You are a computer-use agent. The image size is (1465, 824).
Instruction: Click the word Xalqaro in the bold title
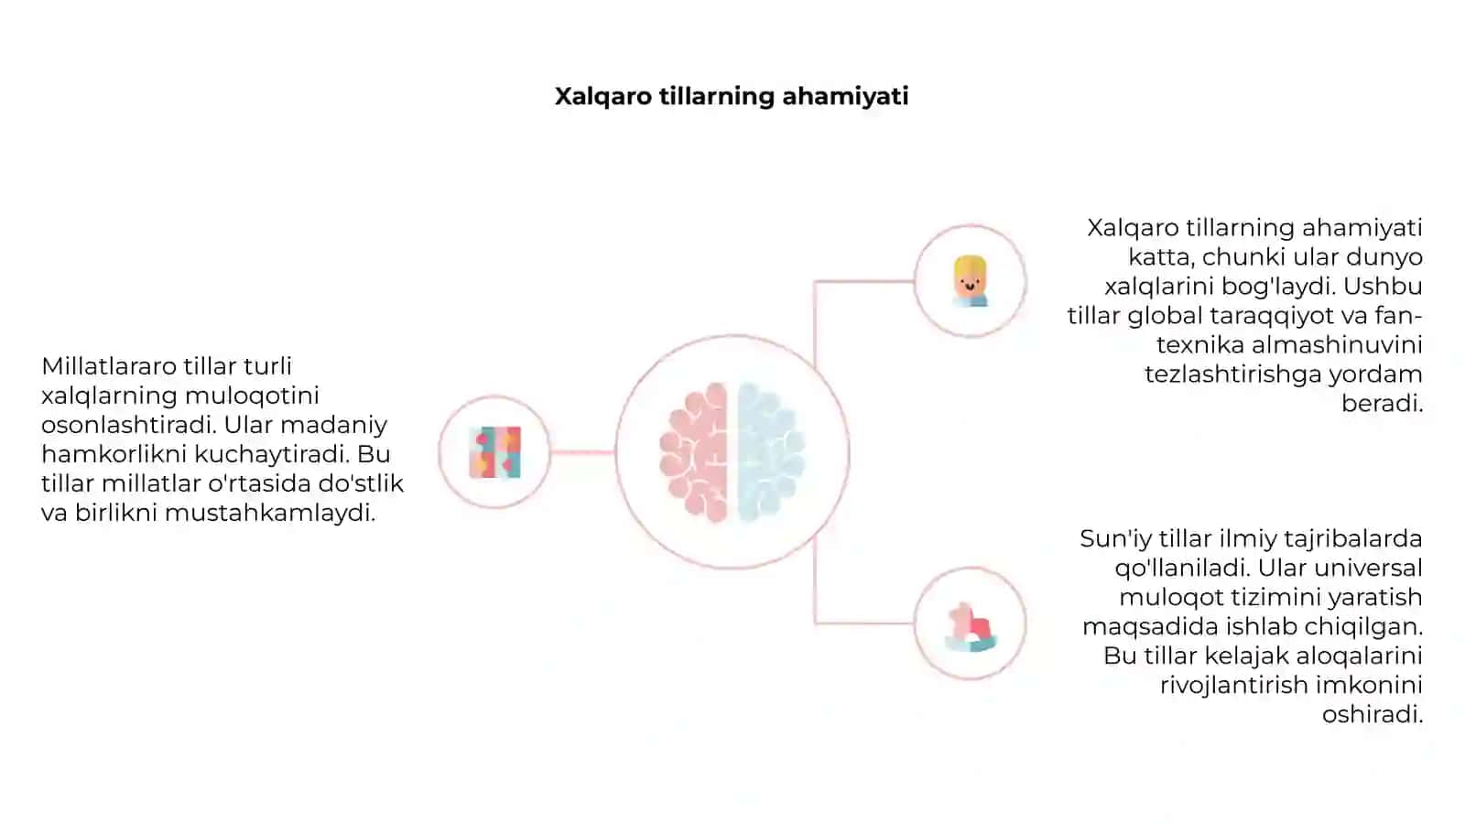[x=603, y=97]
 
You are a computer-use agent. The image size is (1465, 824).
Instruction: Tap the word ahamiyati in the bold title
[x=845, y=97]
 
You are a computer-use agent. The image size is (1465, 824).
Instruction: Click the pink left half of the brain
[x=694, y=452]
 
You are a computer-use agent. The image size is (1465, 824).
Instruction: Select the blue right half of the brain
[x=770, y=452]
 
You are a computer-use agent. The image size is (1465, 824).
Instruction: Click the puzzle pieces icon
[x=495, y=452]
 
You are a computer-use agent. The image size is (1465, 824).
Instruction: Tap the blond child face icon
[x=970, y=281]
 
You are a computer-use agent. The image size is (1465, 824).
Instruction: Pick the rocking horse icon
[x=971, y=626]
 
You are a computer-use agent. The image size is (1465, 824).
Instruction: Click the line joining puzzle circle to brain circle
[x=582, y=452]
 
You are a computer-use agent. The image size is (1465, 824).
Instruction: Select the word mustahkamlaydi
[x=270, y=514]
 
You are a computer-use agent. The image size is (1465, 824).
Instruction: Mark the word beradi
[x=1382, y=404]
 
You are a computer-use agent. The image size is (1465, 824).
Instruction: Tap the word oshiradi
[x=1373, y=715]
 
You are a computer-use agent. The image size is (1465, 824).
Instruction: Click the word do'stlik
[x=361, y=483]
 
